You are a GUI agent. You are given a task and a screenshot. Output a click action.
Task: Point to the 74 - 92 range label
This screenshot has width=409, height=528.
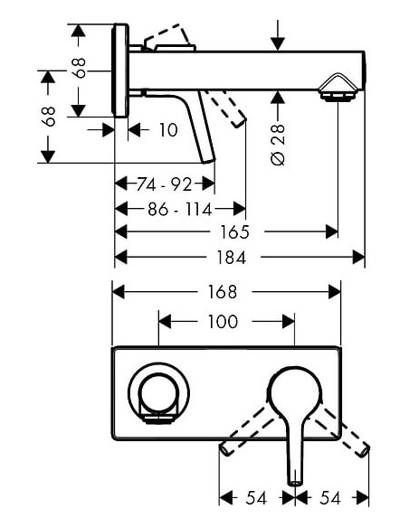click(164, 185)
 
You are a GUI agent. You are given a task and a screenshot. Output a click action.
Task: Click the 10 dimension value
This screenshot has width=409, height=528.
click(167, 130)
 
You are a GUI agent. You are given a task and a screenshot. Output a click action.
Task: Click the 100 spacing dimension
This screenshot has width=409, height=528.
click(223, 322)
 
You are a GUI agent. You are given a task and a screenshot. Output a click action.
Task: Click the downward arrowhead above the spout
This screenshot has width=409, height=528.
click(277, 44)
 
